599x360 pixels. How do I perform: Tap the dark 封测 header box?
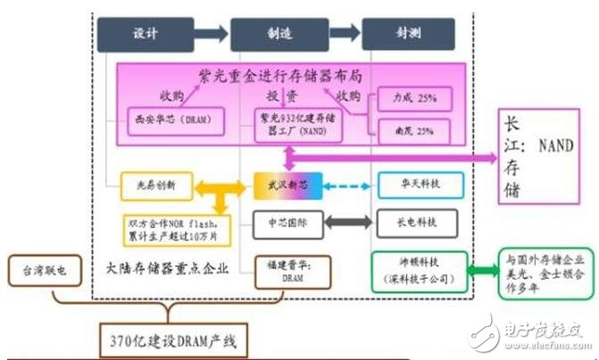[399, 33]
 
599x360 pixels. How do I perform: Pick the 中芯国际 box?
[280, 220]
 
